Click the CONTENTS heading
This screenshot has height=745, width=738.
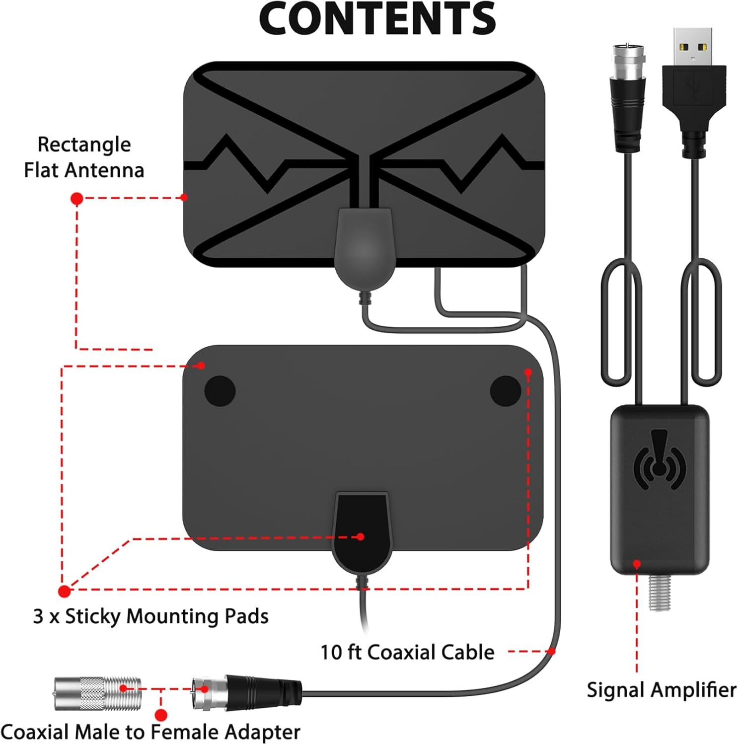click(377, 19)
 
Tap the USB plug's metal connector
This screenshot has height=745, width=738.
click(693, 48)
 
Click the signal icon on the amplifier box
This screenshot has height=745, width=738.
click(660, 460)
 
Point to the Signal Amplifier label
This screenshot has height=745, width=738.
click(661, 690)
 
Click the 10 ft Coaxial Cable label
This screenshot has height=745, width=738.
click(407, 652)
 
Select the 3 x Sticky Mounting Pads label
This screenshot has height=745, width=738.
click(150, 616)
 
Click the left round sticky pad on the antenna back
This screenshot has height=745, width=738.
click(220, 391)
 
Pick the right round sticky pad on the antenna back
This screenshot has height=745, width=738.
click(505, 391)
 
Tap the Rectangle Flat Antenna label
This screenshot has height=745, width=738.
click(84, 157)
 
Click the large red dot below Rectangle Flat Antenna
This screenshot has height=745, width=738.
click(76, 199)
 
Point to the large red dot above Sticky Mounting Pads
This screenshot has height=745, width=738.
click(64, 591)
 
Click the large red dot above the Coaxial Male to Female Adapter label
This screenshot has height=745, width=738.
click(160, 715)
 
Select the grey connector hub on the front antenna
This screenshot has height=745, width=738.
click(364, 248)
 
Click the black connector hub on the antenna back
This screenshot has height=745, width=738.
click(361, 531)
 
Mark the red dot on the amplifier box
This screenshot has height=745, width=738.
click(637, 564)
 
